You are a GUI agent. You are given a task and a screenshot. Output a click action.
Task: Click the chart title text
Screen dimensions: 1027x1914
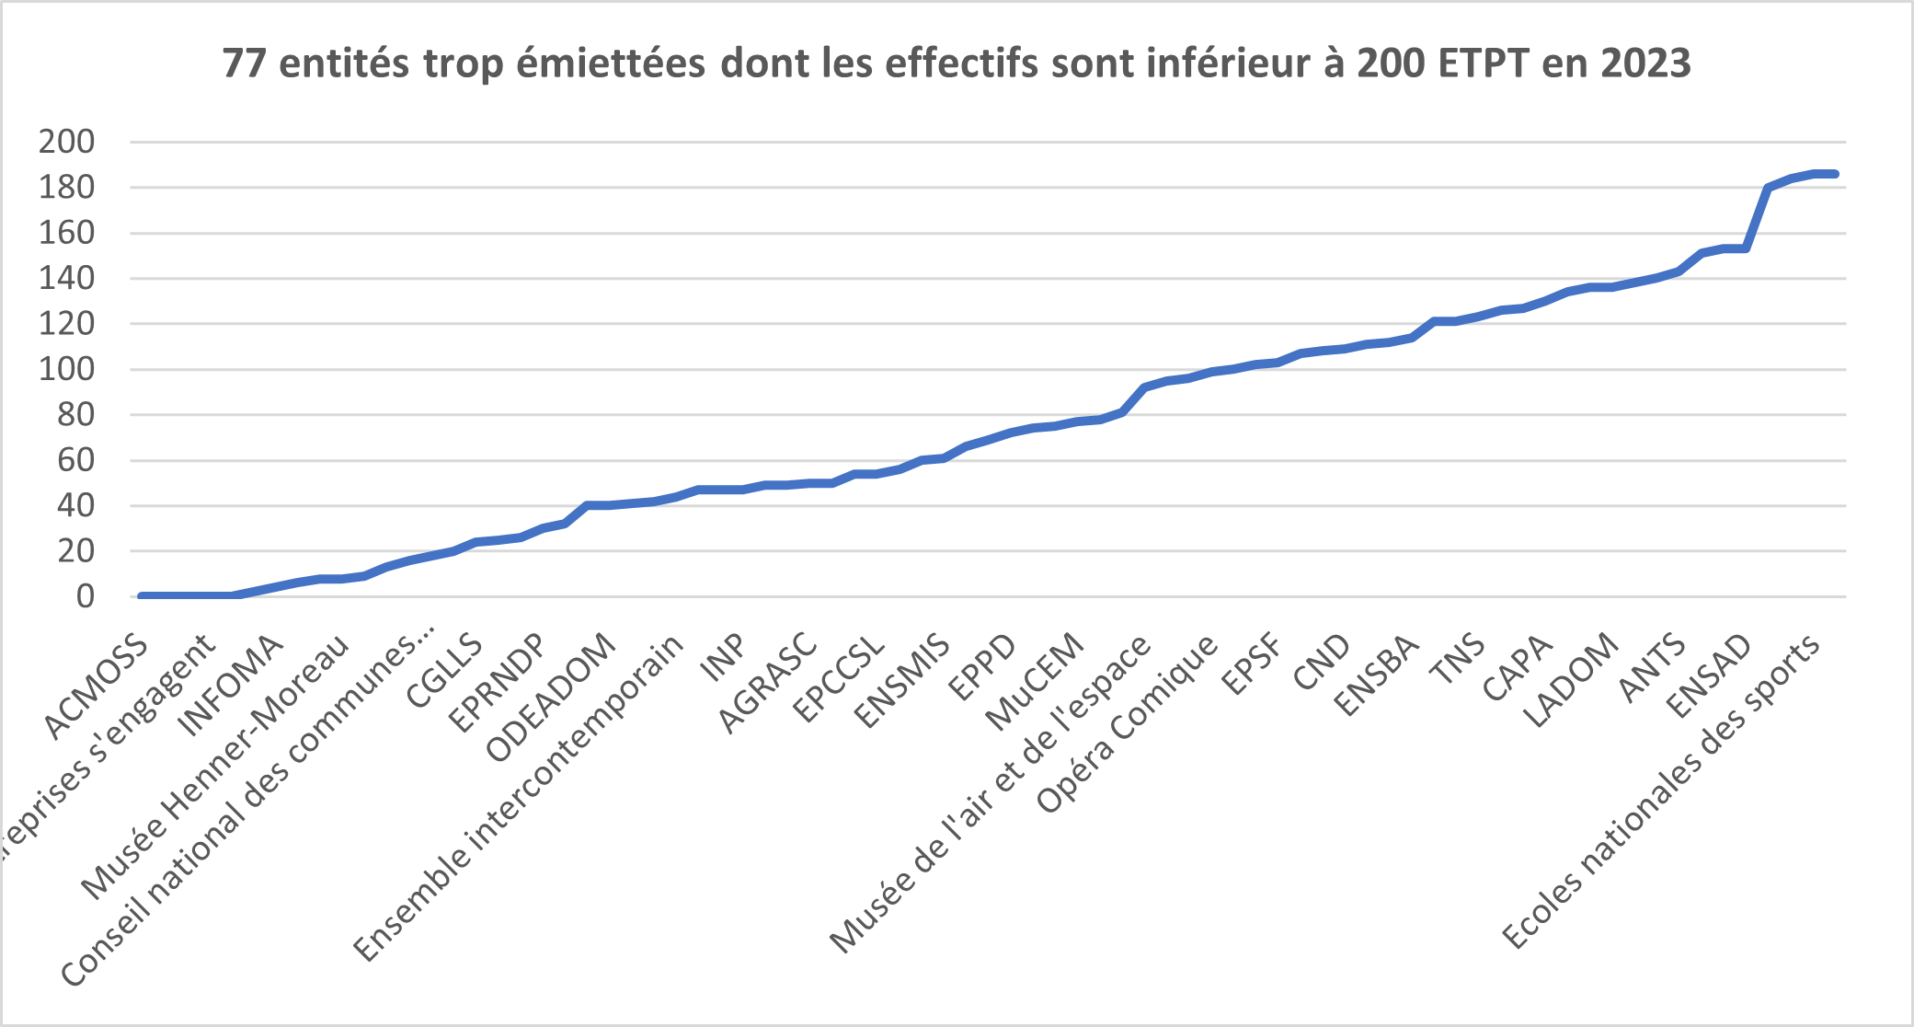coord(957,63)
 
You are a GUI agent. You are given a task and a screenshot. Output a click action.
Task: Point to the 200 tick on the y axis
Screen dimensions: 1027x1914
coord(66,142)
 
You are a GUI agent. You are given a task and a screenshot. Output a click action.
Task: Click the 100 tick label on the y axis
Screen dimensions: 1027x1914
coord(66,369)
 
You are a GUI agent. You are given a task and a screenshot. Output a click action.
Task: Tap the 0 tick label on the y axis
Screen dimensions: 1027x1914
coord(85,596)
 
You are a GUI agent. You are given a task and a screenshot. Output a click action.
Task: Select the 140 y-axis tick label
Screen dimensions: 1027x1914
coord(66,278)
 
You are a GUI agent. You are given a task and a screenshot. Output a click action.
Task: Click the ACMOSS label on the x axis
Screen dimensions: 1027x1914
coord(96,687)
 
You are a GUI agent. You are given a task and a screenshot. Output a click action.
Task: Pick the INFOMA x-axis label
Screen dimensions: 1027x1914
coord(231,686)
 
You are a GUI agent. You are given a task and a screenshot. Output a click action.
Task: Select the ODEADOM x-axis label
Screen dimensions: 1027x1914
coord(550,698)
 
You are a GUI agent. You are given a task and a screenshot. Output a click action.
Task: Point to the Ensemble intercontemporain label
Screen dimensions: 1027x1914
coord(520,797)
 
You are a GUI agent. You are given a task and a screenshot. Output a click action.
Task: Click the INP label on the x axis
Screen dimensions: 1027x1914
coord(724,657)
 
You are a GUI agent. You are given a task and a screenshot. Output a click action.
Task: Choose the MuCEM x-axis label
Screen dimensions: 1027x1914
coord(1035,682)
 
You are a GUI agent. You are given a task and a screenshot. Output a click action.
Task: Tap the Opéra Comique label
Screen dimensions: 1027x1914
coord(1128,723)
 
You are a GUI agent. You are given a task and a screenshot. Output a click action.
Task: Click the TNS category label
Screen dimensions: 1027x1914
coord(1457,659)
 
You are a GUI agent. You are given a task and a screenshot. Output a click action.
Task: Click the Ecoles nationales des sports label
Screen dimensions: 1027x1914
coord(1661,791)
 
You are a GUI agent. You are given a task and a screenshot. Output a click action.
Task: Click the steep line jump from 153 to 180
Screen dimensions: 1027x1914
coord(1757,217)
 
